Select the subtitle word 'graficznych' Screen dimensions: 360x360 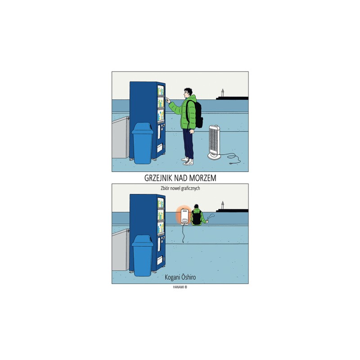point(190,189)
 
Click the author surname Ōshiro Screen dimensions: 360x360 point(189,277)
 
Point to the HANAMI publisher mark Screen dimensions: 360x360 point(180,287)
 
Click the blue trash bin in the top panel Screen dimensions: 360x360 point(142,143)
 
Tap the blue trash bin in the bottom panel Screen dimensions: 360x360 point(142,255)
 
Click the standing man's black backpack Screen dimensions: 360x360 point(196,114)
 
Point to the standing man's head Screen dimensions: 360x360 point(188,93)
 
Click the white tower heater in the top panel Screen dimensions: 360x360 point(214,142)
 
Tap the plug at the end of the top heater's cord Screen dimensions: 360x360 point(231,163)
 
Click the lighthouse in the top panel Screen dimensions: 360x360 point(222,93)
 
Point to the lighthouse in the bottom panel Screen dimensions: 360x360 point(222,205)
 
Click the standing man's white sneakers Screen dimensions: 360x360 point(188,161)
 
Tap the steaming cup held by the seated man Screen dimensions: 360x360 point(207,221)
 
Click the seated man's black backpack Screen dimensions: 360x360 point(197,218)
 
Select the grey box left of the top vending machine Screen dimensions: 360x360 point(121,137)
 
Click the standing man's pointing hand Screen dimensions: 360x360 point(168,100)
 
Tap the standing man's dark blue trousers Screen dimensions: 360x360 point(188,143)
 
